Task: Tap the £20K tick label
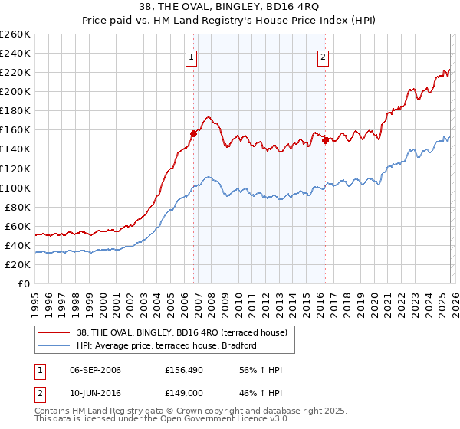click(17, 264)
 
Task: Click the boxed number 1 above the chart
click(190, 57)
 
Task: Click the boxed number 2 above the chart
click(324, 57)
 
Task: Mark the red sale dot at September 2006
click(193, 133)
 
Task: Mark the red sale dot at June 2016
click(325, 140)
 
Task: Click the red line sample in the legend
click(54, 332)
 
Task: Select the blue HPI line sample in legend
click(54, 346)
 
